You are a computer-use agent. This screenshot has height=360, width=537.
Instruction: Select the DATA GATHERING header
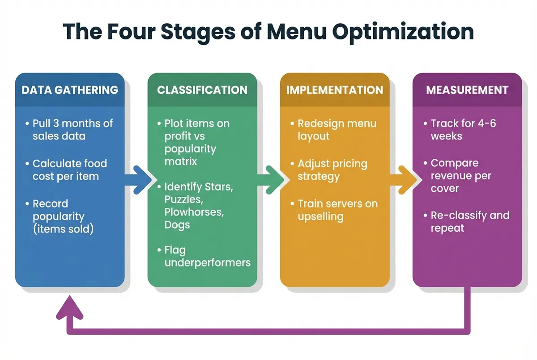(x=70, y=90)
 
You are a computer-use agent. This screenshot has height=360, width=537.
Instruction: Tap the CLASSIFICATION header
(x=202, y=90)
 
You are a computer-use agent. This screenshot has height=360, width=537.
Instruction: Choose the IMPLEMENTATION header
(x=335, y=90)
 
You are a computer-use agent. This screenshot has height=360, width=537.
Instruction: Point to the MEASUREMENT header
(x=467, y=90)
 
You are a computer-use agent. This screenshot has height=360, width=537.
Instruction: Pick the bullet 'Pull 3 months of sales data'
(x=72, y=130)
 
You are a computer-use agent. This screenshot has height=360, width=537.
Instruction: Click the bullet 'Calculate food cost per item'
(x=69, y=170)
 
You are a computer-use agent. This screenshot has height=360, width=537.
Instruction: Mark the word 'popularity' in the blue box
(x=59, y=217)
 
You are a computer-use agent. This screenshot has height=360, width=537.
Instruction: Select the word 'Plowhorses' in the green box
(x=193, y=212)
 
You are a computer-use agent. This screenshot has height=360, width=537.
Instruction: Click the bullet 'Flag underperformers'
(x=207, y=256)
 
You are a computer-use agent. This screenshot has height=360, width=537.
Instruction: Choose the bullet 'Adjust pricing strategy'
(x=332, y=170)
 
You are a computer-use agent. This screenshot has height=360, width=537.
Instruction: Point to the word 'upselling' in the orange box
(x=321, y=217)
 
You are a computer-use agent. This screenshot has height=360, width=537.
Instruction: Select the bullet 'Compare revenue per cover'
(x=460, y=176)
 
